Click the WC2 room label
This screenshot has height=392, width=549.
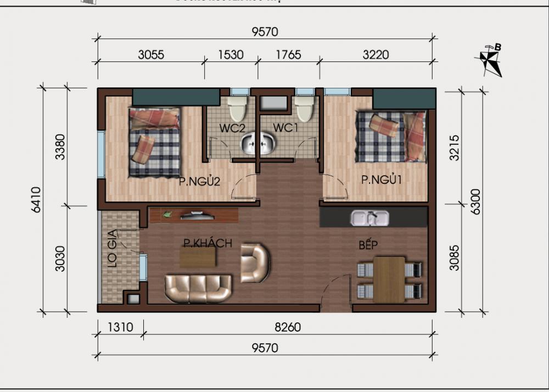(232, 128)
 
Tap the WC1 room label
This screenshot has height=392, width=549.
(286, 128)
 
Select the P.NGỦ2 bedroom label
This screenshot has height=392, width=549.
(199, 182)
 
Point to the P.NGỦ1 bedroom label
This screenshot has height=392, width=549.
(382, 180)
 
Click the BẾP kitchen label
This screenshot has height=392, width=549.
(368, 245)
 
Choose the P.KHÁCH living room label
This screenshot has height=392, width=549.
(208, 243)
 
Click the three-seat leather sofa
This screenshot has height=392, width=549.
(199, 288)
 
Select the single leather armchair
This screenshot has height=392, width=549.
(255, 263)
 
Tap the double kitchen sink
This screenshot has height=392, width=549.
(371, 218)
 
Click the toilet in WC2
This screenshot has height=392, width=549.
(237, 108)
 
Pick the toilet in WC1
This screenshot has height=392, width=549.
(304, 108)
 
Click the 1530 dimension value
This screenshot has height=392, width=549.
(231, 54)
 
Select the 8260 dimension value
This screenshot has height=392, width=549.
(288, 328)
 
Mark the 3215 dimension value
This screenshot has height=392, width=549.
(453, 146)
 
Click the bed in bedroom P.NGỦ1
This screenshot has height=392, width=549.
(390, 136)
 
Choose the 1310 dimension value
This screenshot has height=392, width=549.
(120, 328)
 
